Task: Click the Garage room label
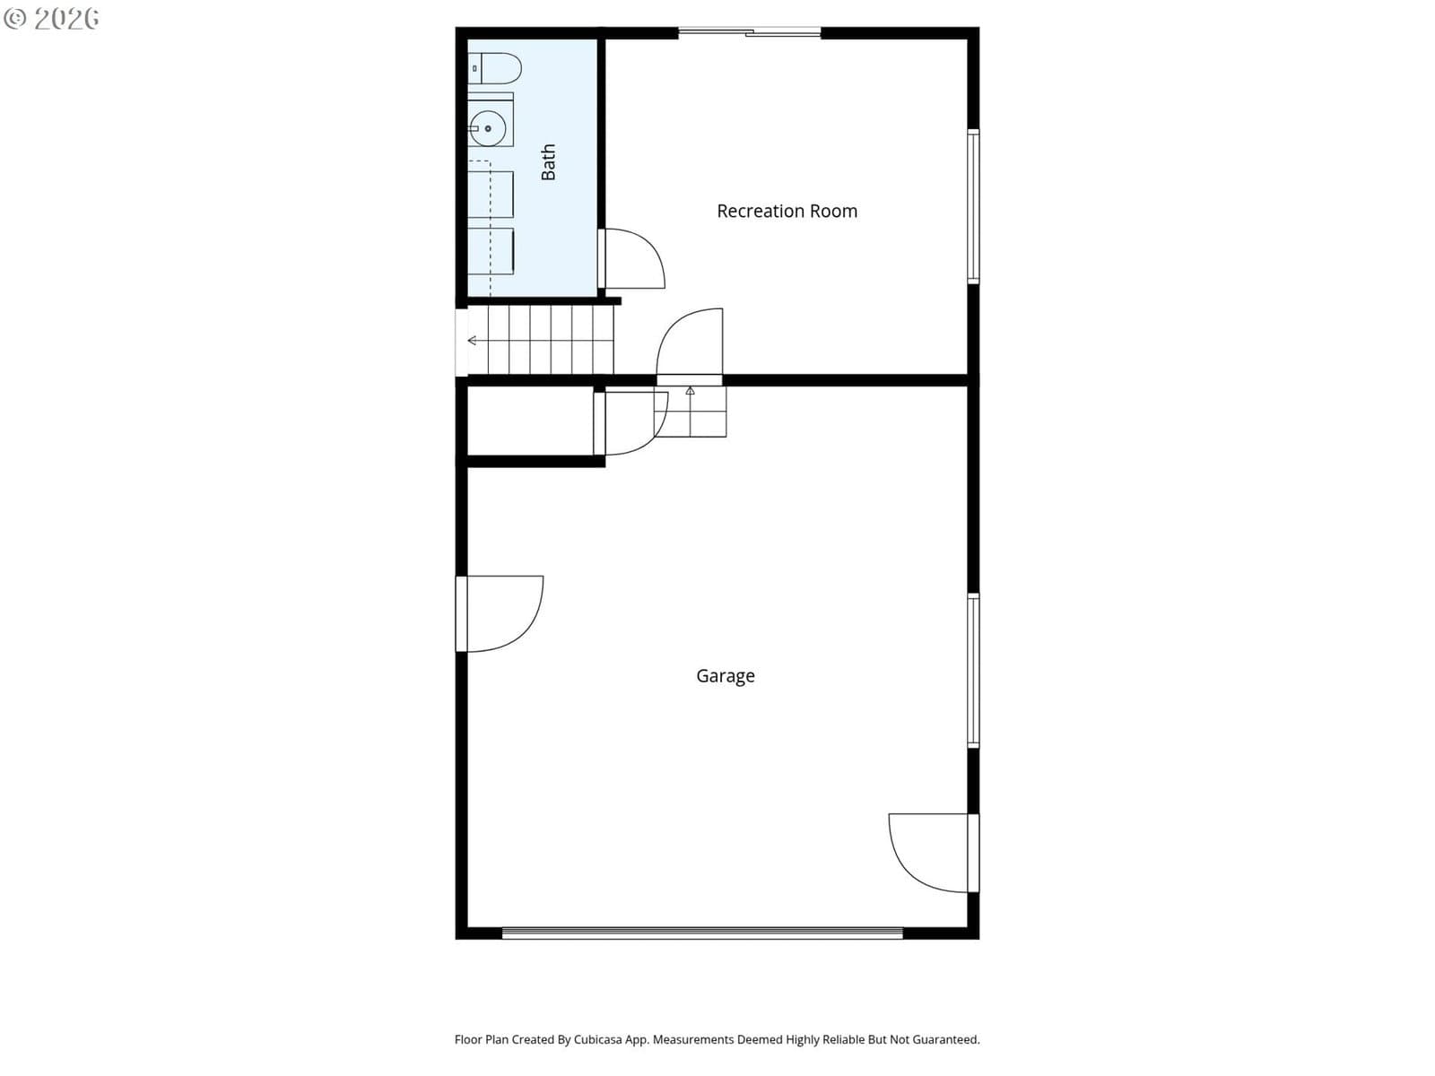(725, 675)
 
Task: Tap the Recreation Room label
(787, 211)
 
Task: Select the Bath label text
(548, 162)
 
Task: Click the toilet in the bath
(495, 68)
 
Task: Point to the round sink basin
(488, 129)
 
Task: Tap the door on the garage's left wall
(500, 613)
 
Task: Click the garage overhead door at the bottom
(702, 933)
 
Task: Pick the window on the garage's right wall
(973, 670)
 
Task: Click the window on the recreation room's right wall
(973, 206)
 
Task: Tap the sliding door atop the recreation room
(749, 32)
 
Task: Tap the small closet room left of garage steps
(530, 421)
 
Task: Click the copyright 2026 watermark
(51, 18)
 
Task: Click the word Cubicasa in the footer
(597, 1039)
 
